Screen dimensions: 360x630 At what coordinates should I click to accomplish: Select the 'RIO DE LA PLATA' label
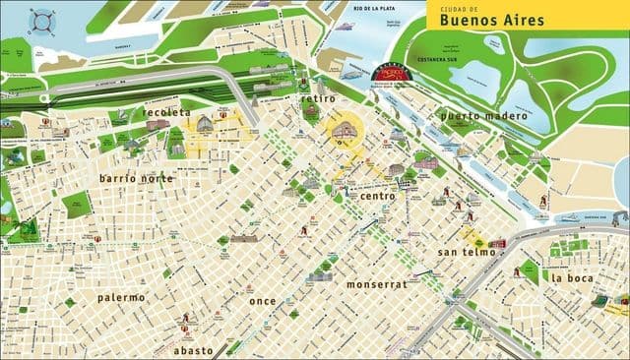374,9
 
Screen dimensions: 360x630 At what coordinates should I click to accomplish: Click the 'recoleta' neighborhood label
166,113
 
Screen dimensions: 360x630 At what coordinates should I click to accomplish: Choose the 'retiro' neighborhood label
319,99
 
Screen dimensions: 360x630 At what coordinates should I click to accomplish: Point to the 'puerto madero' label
483,116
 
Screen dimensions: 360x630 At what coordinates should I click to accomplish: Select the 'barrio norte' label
136,178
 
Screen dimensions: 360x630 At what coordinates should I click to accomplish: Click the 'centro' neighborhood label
377,196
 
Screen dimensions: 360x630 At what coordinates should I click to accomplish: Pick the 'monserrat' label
375,283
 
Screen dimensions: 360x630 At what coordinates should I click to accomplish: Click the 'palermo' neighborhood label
121,296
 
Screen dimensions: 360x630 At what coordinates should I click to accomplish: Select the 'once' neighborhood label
263,300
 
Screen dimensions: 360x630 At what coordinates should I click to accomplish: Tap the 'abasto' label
193,349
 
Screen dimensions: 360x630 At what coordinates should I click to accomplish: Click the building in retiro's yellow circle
346,132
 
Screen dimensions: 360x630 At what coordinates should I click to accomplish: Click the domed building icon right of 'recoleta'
205,124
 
